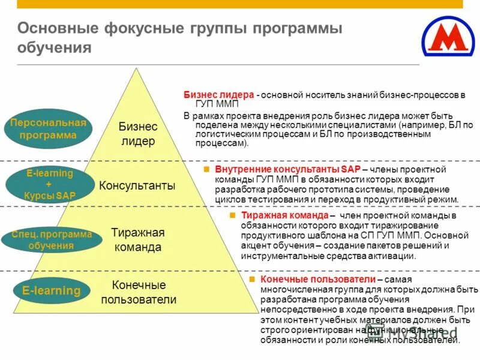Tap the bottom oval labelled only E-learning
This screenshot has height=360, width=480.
pyautogui.click(x=51, y=291)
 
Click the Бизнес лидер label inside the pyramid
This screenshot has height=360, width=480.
pyautogui.click(x=138, y=134)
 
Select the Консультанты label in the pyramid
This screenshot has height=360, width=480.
pyautogui.click(x=137, y=185)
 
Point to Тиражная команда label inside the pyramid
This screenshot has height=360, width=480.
pyautogui.click(x=137, y=239)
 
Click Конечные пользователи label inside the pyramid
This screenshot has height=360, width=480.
pyautogui.click(x=139, y=292)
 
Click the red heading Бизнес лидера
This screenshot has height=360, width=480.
pyautogui.click(x=218, y=95)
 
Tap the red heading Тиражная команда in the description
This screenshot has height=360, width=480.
pyautogui.click(x=284, y=215)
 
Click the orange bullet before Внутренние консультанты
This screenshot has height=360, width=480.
pyautogui.click(x=205, y=170)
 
